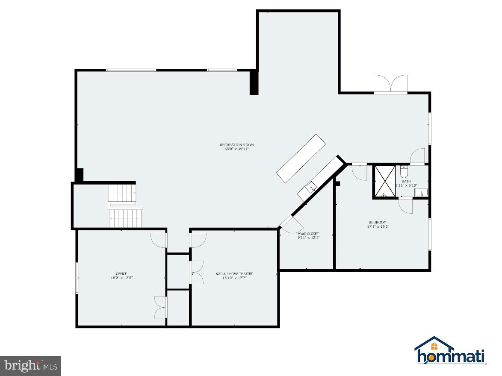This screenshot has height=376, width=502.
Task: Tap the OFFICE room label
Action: coord(121,274)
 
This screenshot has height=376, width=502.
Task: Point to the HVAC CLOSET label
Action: coord(308,234)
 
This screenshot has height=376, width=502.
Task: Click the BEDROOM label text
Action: coord(378,222)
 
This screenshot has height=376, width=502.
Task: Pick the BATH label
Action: coord(406,182)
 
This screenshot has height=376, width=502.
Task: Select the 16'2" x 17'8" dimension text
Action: coord(121,278)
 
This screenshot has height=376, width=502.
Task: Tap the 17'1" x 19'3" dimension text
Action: coord(378,226)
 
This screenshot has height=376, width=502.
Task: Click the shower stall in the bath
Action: coord(384,182)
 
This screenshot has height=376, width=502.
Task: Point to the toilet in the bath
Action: coord(404,172)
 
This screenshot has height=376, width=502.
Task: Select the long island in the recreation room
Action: coord(301,159)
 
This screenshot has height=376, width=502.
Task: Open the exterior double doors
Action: coord(390,85)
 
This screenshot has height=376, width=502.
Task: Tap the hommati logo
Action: coord(450,351)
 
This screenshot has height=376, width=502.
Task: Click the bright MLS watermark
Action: coord(30,366)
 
